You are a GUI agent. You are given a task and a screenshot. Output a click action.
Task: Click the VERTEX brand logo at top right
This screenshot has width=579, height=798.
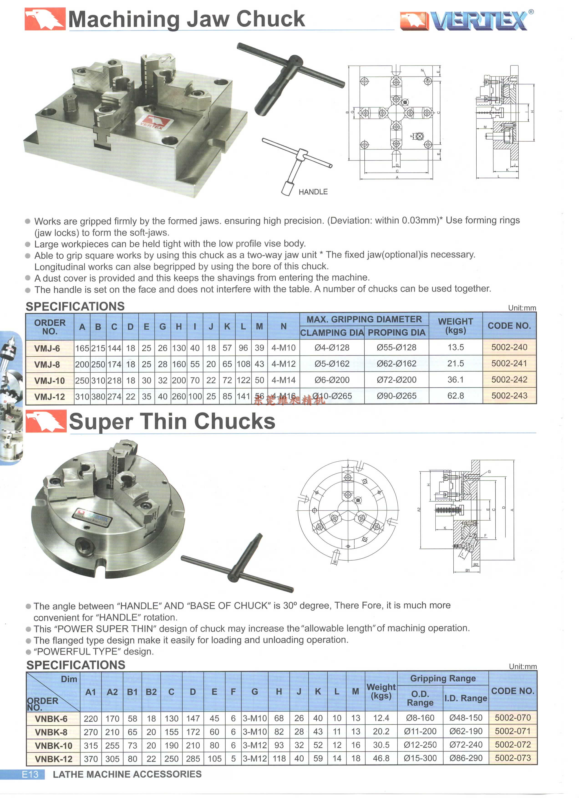tap(466, 20)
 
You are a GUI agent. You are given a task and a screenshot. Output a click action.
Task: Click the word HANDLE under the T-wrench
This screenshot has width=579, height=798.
tap(313, 192)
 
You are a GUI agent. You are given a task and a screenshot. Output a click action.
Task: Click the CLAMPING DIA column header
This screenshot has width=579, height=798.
tap(332, 332)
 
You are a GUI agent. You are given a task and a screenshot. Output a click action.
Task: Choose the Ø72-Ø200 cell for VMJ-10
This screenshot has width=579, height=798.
tap(396, 380)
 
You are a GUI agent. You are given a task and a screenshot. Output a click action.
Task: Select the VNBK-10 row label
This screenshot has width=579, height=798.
tap(53, 746)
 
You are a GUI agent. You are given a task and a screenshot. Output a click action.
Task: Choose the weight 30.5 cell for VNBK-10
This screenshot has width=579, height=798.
tap(381, 745)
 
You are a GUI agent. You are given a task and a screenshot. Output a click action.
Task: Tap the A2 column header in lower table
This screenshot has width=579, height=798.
tap(112, 692)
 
